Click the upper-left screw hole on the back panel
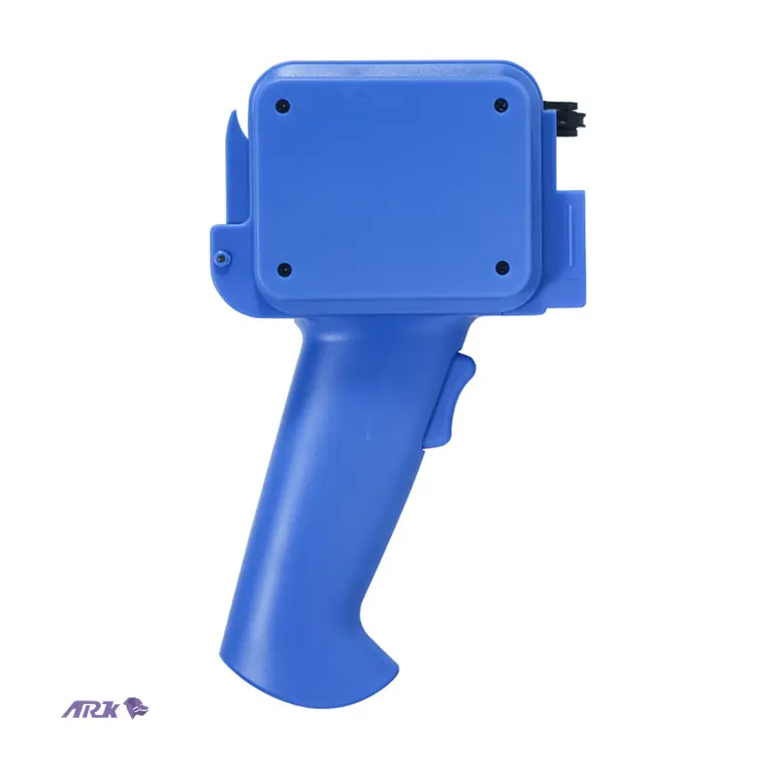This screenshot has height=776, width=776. click(282, 106)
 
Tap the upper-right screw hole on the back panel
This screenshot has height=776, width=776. click(501, 105)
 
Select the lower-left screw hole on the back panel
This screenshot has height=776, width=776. click(283, 270)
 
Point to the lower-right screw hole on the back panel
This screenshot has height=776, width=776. click(501, 269)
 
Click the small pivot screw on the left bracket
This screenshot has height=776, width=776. click(221, 257)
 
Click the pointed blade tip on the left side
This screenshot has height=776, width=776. click(233, 113)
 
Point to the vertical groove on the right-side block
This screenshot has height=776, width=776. click(571, 236)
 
